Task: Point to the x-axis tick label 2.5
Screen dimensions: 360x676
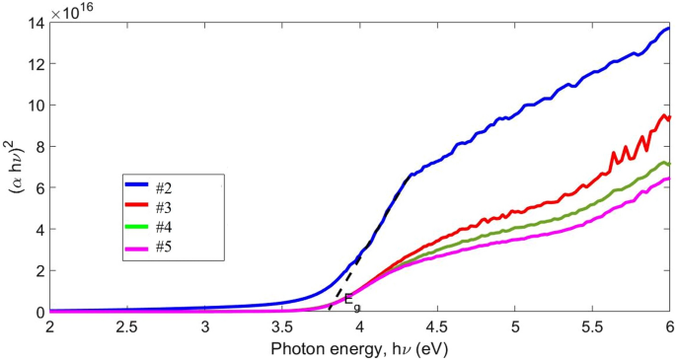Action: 126,326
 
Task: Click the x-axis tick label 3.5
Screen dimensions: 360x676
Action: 281,326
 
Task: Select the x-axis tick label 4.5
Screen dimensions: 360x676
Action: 437,326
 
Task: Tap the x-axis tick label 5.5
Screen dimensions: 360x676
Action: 592,326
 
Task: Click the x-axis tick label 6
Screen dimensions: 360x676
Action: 669,326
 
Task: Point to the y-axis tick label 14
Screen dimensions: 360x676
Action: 34,23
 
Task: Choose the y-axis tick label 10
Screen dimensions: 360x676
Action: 34,106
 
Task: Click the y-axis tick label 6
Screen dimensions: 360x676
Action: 38,188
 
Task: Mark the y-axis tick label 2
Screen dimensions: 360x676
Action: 38,270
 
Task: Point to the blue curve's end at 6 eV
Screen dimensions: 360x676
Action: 668,29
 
